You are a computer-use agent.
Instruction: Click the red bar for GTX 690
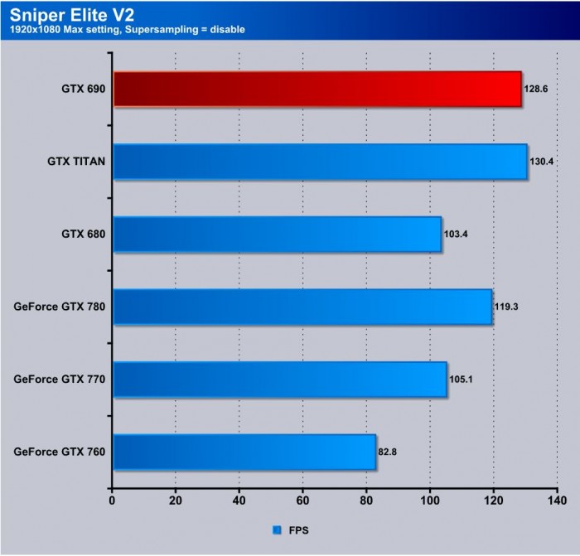(x=317, y=89)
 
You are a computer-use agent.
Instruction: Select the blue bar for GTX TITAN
(x=320, y=162)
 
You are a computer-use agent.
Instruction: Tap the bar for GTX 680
(x=277, y=234)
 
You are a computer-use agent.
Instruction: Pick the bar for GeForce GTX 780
(x=302, y=307)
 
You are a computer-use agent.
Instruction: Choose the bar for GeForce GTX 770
(x=279, y=380)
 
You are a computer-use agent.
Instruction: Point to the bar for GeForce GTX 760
(x=244, y=452)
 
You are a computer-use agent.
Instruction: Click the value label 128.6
(x=536, y=89)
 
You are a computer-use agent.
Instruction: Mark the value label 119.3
(x=508, y=307)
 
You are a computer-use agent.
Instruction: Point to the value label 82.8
(x=389, y=452)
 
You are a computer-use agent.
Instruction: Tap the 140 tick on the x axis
(x=557, y=500)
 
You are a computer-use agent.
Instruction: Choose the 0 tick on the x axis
(x=112, y=500)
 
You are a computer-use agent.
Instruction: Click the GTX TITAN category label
(x=76, y=162)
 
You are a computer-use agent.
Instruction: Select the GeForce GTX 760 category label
(x=60, y=452)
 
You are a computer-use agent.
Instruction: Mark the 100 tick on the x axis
(x=430, y=500)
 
